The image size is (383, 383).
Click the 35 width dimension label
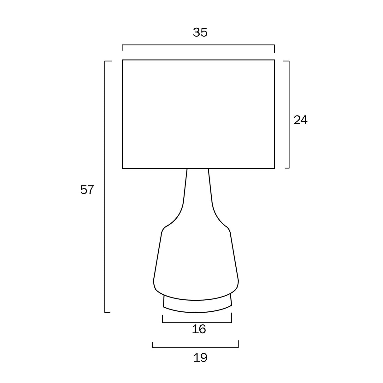pyautogui.click(x=200, y=32)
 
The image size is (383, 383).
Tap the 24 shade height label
pyautogui.click(x=300, y=120)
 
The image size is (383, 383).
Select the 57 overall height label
pyautogui.click(x=87, y=190)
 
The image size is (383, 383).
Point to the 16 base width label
pyautogui.click(x=199, y=329)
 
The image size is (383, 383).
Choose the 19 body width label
pyautogui.click(x=200, y=358)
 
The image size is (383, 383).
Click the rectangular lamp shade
pyautogui.click(x=198, y=114)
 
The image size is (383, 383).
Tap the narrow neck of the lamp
pyautogui.click(x=198, y=189)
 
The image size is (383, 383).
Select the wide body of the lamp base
pyautogui.click(x=196, y=259)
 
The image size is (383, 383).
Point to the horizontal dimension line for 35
pyautogui.click(x=198, y=45)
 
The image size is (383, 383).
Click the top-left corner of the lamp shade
pyautogui.click(x=122, y=60)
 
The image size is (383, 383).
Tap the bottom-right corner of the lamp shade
pyautogui.click(x=274, y=168)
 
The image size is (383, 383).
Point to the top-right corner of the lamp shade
pyautogui.click(x=274, y=60)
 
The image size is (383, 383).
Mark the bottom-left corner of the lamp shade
pyautogui.click(x=122, y=168)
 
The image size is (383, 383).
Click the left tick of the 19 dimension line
pyautogui.click(x=153, y=344)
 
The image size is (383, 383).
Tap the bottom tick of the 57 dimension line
pyautogui.click(x=108, y=312)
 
